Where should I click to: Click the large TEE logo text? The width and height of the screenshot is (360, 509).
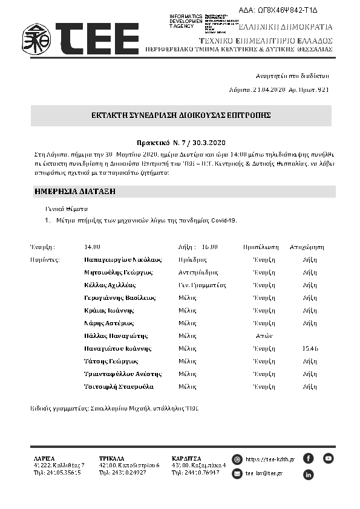coord(97,39)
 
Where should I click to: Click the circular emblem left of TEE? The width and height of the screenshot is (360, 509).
coord(36,39)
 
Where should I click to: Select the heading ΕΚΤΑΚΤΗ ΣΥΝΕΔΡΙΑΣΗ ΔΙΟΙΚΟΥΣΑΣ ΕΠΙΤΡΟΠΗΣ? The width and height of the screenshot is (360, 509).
coord(181,115)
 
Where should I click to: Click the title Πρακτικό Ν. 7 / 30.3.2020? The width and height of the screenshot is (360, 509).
coord(181,143)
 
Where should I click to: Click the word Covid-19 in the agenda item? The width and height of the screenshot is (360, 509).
coord(222,220)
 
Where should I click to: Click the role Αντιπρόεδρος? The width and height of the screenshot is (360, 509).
coord(198,272)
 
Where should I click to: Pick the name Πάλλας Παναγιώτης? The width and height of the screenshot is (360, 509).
coord(116,336)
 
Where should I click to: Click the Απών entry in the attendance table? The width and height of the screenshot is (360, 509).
coord(264,336)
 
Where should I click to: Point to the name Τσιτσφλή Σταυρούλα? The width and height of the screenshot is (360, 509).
coord(119,386)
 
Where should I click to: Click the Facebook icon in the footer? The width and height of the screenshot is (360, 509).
coord(308,458)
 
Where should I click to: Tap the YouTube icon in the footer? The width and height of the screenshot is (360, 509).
coord(328,458)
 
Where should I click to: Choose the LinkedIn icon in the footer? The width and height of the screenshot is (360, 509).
coord(308,475)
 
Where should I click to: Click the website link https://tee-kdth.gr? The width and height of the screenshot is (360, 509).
coord(270,459)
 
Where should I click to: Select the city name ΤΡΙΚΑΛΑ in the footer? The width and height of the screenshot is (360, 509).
coord(111,458)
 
